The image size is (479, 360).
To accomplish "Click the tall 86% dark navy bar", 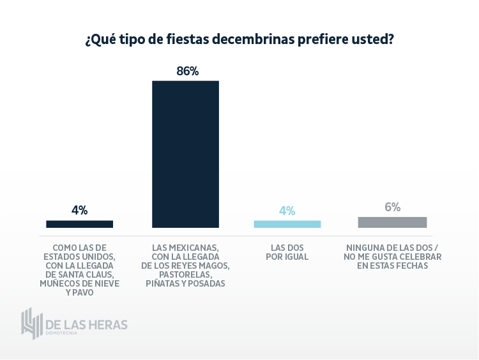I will (x=185, y=154).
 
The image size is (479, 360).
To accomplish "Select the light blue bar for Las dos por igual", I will (x=287, y=224).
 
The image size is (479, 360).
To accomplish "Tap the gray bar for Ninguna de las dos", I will (x=392, y=222).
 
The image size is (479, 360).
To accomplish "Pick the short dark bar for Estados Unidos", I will (x=80, y=224).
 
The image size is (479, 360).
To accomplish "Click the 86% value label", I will (x=188, y=71).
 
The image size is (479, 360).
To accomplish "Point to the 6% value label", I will (x=392, y=207).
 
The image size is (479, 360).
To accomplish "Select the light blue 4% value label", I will (x=287, y=211).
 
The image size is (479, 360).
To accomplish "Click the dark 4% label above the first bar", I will (x=80, y=210).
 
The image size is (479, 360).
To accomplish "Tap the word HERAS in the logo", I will (x=105, y=324).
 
